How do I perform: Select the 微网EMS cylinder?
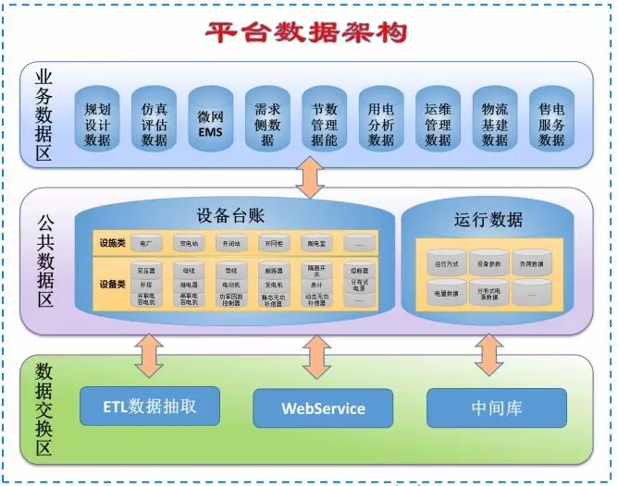pyautogui.click(x=211, y=124)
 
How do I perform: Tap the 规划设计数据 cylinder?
pyautogui.click(x=97, y=124)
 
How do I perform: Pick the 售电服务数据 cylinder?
pyautogui.click(x=551, y=124)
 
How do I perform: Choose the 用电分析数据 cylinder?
pyautogui.click(x=381, y=124)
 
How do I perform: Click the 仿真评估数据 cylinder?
pyautogui.click(x=154, y=124)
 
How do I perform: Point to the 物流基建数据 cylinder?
pyautogui.click(x=495, y=124)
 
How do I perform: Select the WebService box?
pyautogui.click(x=323, y=407)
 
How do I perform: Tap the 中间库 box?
pyautogui.click(x=496, y=407)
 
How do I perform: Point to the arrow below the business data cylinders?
pyautogui.click(x=308, y=176)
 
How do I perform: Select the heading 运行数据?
pyautogui.click(x=488, y=220)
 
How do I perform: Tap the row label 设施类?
pyautogui.click(x=112, y=243)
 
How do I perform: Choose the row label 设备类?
pyautogui.click(x=112, y=285)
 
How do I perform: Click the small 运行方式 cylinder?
pyautogui.click(x=447, y=263)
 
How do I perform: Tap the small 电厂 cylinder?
pyautogui.click(x=145, y=243)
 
